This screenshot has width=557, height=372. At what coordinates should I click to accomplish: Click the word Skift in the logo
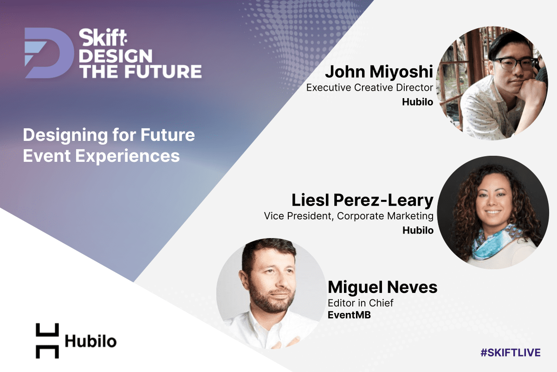click(x=103, y=38)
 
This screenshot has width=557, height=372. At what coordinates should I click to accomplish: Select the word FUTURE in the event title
click(x=163, y=72)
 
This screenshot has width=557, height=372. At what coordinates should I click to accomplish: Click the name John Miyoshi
click(x=379, y=72)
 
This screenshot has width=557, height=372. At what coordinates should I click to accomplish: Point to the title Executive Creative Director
click(x=369, y=88)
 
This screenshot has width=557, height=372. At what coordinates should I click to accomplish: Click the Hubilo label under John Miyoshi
click(x=417, y=102)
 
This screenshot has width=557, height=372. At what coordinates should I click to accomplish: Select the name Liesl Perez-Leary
click(x=363, y=200)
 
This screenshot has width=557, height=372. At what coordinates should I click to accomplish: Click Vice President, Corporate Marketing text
click(x=349, y=216)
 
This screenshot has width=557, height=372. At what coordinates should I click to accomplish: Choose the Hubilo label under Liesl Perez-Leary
click(x=418, y=230)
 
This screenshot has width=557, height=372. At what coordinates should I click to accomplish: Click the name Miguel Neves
click(x=382, y=287)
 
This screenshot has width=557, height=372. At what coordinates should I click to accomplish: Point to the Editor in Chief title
click(x=361, y=303)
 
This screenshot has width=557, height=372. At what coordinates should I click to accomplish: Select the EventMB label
click(x=349, y=315)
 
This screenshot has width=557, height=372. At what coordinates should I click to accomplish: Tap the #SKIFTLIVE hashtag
click(x=511, y=352)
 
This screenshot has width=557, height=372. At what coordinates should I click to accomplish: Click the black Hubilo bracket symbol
click(x=47, y=340)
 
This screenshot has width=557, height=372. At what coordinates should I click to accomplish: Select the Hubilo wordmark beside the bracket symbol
click(x=91, y=341)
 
